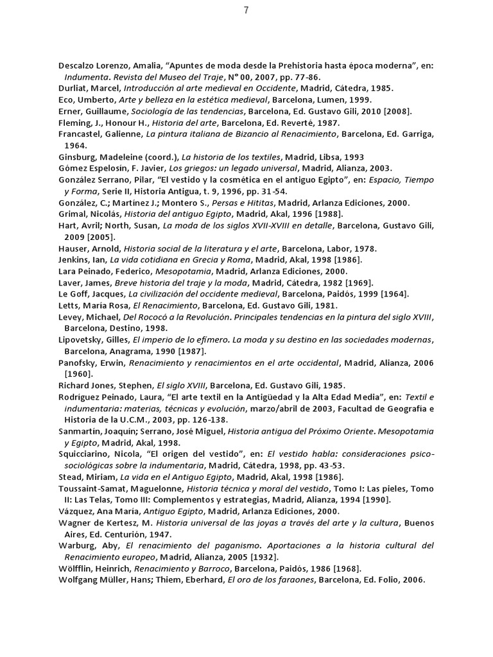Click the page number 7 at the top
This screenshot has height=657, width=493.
pyautogui.click(x=246, y=10)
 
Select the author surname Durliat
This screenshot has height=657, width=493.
pyautogui.click(x=73, y=89)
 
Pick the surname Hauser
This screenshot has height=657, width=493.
pyautogui.click(x=73, y=248)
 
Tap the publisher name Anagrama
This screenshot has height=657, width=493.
pyautogui.click(x=123, y=352)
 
